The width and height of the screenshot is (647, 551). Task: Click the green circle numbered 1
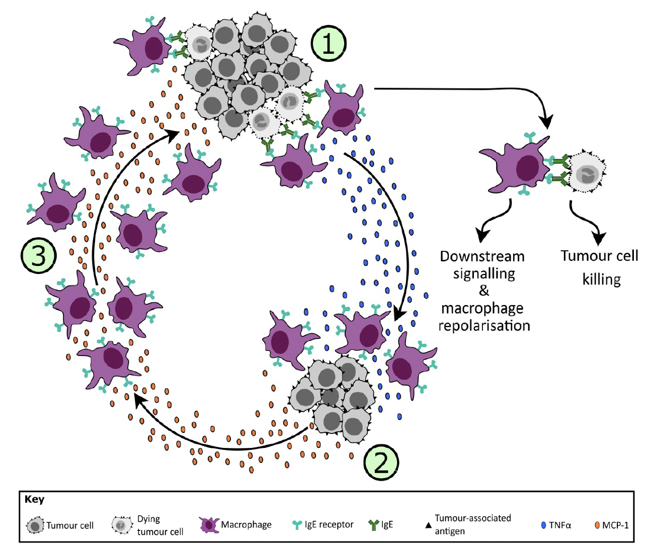coord(329,44)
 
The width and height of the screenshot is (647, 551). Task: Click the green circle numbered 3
coord(39,255)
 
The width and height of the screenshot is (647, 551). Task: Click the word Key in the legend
coord(35,499)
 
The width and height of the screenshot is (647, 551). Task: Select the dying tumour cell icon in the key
coord(121,525)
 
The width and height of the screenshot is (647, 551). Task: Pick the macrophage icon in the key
coord(209,525)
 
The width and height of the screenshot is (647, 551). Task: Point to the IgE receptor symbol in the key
coord(297,525)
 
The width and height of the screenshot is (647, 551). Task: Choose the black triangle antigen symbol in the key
coord(428,525)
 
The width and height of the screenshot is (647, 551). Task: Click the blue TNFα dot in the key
coord(543,525)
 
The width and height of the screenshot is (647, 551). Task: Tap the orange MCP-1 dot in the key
coord(597,525)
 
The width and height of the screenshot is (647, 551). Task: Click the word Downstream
coord(482,256)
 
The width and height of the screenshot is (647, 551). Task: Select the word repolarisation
coord(484,326)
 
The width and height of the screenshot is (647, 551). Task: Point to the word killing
coord(601,280)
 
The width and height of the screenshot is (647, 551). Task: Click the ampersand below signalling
coord(484,291)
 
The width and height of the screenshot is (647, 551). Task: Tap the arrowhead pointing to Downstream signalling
coord(482,235)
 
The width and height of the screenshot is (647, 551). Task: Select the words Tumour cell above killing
coord(599,256)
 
